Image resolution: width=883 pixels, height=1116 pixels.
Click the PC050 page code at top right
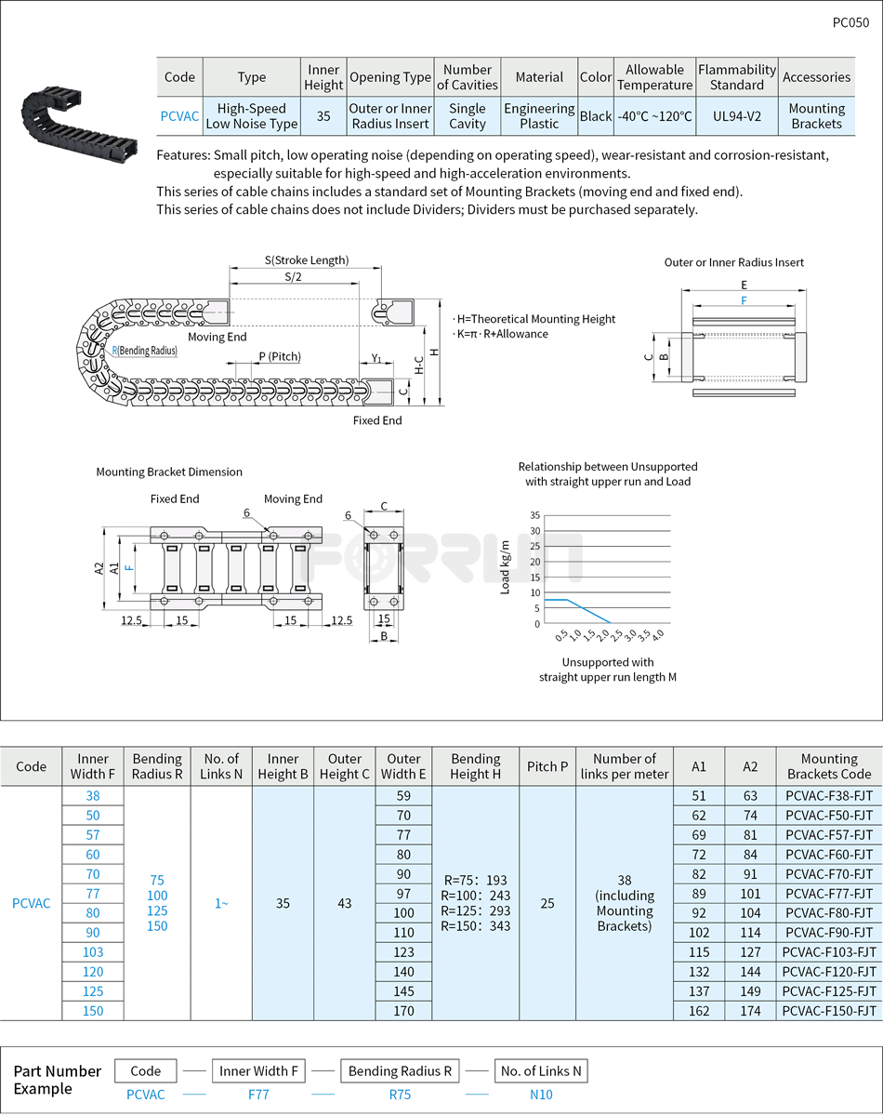pyautogui.click(x=850, y=23)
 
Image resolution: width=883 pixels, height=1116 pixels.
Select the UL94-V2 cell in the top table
pyautogui.click(x=736, y=116)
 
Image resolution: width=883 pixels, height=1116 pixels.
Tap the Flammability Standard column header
pyautogui.click(x=736, y=77)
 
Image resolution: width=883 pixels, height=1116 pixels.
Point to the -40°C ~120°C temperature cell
pyautogui.click(x=654, y=116)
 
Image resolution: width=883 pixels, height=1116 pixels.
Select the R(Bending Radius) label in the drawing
pyautogui.click(x=144, y=351)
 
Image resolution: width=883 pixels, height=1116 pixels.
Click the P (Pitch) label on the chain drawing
pyautogui.click(x=280, y=357)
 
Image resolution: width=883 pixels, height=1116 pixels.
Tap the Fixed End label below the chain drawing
pyautogui.click(x=377, y=420)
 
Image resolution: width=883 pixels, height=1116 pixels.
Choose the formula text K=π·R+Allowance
pyautogui.click(x=501, y=334)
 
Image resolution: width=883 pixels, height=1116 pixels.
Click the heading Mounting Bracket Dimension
pyautogui.click(x=169, y=472)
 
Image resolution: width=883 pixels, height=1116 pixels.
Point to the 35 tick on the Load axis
pyautogui.click(x=534, y=515)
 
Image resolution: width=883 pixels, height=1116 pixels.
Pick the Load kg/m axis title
pyautogui.click(x=506, y=566)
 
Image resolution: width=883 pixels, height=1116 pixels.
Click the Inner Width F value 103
pyautogui.click(x=93, y=952)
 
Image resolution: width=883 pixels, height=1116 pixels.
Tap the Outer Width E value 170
pyautogui.click(x=403, y=1011)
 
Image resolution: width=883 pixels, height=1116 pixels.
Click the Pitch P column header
pyautogui.click(x=547, y=766)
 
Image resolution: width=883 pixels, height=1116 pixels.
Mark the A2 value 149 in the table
pyautogui.click(x=750, y=991)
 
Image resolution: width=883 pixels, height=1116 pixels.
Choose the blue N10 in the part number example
pyautogui.click(x=541, y=1095)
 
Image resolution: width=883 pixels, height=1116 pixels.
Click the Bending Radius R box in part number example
pyautogui.click(x=400, y=1071)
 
